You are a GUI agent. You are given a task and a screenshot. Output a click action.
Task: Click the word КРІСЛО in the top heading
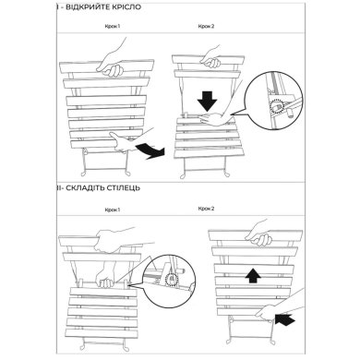[x=125, y=7]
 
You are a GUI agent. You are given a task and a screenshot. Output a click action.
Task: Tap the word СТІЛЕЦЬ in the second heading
[x=123, y=187]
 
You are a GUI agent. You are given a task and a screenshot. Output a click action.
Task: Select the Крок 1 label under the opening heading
[x=113, y=27]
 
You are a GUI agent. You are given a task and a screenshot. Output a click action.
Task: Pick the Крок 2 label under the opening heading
[x=206, y=27]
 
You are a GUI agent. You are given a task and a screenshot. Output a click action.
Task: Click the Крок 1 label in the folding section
[x=113, y=210]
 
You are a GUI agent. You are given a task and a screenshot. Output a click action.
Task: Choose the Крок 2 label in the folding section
[x=206, y=209]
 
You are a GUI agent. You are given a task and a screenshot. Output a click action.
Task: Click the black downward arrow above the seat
[x=207, y=102]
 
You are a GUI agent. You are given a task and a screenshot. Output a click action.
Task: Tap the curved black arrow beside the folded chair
[x=150, y=151]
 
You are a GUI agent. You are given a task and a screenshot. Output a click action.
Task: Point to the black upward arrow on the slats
[x=253, y=275]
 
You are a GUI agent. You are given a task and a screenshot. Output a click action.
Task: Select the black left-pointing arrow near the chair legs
[x=285, y=319]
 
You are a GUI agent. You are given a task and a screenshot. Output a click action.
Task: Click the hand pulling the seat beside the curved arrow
[x=123, y=142]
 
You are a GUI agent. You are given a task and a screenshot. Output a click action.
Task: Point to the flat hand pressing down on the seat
[x=215, y=118]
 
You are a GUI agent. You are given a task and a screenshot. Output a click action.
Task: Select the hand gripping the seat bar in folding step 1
[x=105, y=276]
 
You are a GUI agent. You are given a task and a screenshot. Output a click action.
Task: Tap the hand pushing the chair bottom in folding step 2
[x=266, y=312]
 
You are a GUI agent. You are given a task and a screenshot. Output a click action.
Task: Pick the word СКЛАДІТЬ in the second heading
[x=84, y=187]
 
